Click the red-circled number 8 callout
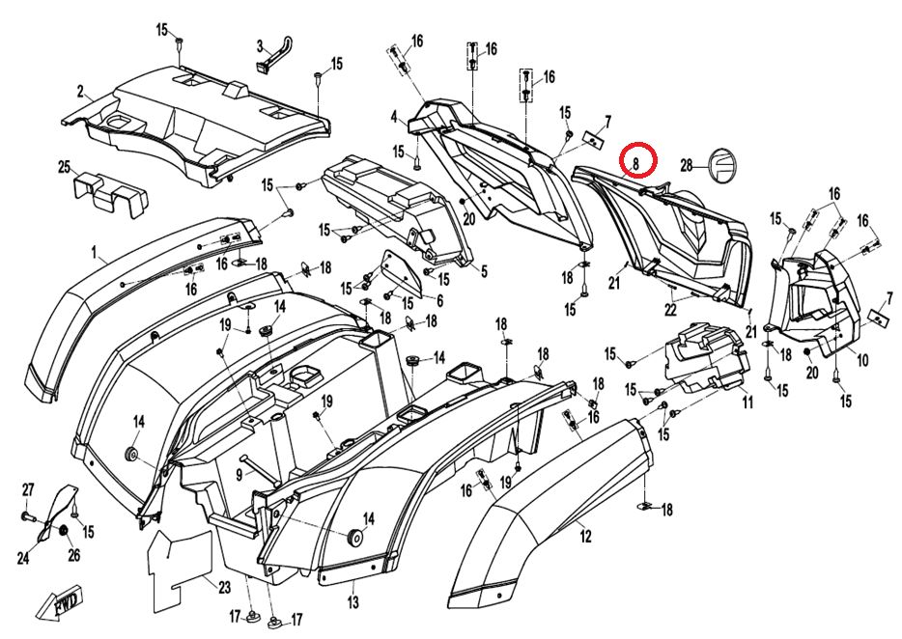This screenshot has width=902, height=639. (637, 163)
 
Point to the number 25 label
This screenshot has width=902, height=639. (64, 167)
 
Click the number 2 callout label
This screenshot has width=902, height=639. (80, 93)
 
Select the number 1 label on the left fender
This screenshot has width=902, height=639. (95, 254)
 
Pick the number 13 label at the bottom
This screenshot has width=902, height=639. (352, 603)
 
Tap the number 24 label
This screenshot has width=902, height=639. (23, 558)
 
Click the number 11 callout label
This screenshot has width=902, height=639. (747, 403)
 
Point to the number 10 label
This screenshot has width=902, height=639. (861, 360)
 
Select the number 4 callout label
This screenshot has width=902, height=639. (394, 117)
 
